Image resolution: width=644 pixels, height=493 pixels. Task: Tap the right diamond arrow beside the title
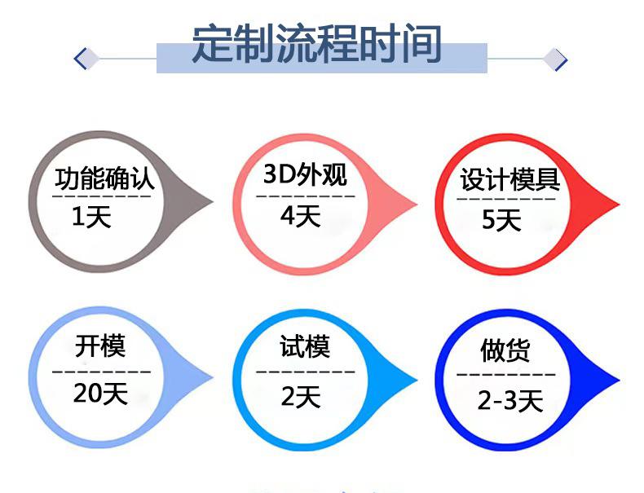557,59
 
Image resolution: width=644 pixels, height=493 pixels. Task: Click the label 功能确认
104,178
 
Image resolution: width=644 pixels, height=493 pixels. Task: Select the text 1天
91,218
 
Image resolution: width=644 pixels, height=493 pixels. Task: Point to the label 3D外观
305,175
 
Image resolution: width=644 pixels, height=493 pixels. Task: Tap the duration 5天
501,219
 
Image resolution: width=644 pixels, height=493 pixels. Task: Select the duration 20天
100,394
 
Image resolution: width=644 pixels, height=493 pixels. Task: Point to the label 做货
505,350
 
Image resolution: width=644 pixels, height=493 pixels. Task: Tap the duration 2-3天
509,400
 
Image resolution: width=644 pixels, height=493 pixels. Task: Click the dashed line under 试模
305,372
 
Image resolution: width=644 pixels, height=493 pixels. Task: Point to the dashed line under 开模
101,372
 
